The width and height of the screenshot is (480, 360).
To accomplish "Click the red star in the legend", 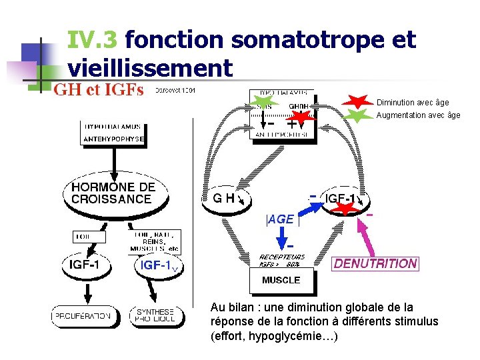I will click(359, 102).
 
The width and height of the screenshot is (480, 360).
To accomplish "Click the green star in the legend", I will click(359, 115).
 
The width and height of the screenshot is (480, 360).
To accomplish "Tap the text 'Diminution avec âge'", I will click(413, 103).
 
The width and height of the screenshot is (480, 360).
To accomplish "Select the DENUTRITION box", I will click(375, 263).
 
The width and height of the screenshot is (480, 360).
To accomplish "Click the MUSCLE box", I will click(281, 281).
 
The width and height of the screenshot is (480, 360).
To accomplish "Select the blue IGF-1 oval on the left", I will click(159, 265).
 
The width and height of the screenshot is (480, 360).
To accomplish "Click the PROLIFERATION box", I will click(83, 316).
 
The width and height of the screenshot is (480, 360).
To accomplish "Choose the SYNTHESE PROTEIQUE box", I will click(155, 315).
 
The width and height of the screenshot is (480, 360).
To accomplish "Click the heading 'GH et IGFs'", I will click(98, 91).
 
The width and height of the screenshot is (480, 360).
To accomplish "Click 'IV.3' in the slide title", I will click(93, 41).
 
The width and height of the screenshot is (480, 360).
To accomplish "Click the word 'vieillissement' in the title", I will click(150, 68).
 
